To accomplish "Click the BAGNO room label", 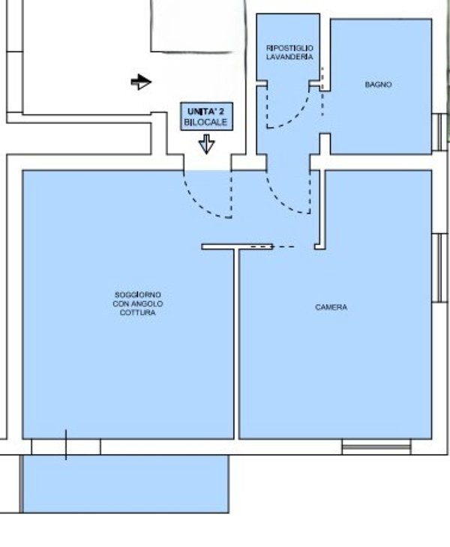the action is pos(378,85).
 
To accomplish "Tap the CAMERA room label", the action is pos(331,307).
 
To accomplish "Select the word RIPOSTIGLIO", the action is pos(289,48).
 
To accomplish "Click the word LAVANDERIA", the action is pos(289,57).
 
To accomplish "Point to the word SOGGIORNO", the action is pos(138,294).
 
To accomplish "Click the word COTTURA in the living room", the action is pos(138,312).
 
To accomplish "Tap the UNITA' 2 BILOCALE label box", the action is pos(206,116).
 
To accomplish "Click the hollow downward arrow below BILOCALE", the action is pos(207,144).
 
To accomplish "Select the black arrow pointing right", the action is pos(141,82).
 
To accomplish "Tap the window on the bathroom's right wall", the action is pos(439,132).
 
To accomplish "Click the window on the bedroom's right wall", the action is pos(439,268).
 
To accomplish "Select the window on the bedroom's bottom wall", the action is pos(376,447).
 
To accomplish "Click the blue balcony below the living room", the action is pos(126,484).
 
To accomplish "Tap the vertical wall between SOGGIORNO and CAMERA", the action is pos(236,344).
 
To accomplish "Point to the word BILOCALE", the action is pos(205,122).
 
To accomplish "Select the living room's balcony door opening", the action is pos(66,447).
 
